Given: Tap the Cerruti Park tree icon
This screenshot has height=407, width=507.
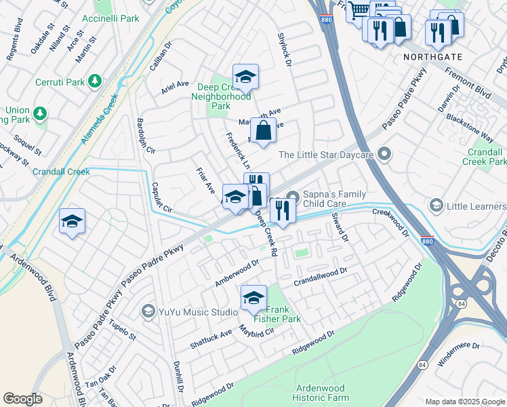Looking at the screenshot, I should [x=95, y=81].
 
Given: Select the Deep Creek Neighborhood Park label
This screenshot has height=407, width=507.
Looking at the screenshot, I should [x=224, y=96].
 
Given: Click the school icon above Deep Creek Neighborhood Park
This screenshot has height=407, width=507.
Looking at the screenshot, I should [x=245, y=77].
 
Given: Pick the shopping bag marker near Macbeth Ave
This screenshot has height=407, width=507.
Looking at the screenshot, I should [x=263, y=130].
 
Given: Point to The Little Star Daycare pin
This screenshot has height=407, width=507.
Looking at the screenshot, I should [x=385, y=155].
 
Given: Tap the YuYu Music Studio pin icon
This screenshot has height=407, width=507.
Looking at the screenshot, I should [x=148, y=312].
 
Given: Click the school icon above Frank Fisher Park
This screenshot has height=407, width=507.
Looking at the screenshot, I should [x=254, y=297].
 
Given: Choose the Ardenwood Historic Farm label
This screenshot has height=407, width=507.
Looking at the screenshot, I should [x=323, y=392].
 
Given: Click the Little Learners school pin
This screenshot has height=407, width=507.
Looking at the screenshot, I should [x=437, y=204].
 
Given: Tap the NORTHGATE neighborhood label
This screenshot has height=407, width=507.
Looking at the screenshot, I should [x=428, y=57].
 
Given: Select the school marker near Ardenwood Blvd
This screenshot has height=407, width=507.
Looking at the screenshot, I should [x=72, y=221].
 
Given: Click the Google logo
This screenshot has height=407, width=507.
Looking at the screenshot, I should [x=22, y=399].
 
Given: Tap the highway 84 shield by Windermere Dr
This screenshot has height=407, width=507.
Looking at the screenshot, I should [x=423, y=365].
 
